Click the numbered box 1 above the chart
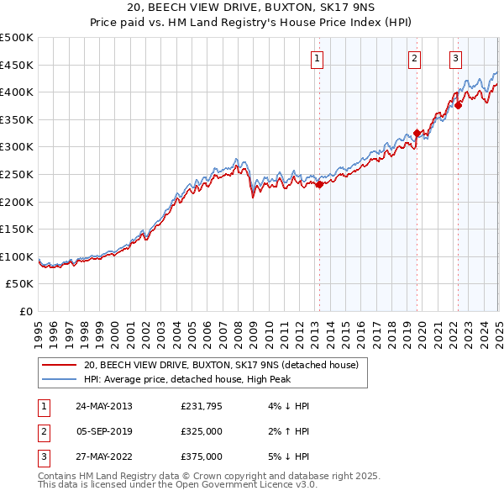(317, 59)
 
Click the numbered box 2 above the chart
(415, 59)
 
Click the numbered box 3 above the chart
(454, 59)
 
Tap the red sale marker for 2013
(319, 185)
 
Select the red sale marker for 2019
(417, 133)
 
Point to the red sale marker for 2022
(459, 106)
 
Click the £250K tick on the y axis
(17, 174)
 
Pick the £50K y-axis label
(20, 284)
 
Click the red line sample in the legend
(59, 365)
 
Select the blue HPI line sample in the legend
(59, 378)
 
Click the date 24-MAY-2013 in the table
(104, 407)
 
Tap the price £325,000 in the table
(202, 432)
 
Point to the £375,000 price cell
(202, 456)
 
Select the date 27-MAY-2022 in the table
(104, 456)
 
